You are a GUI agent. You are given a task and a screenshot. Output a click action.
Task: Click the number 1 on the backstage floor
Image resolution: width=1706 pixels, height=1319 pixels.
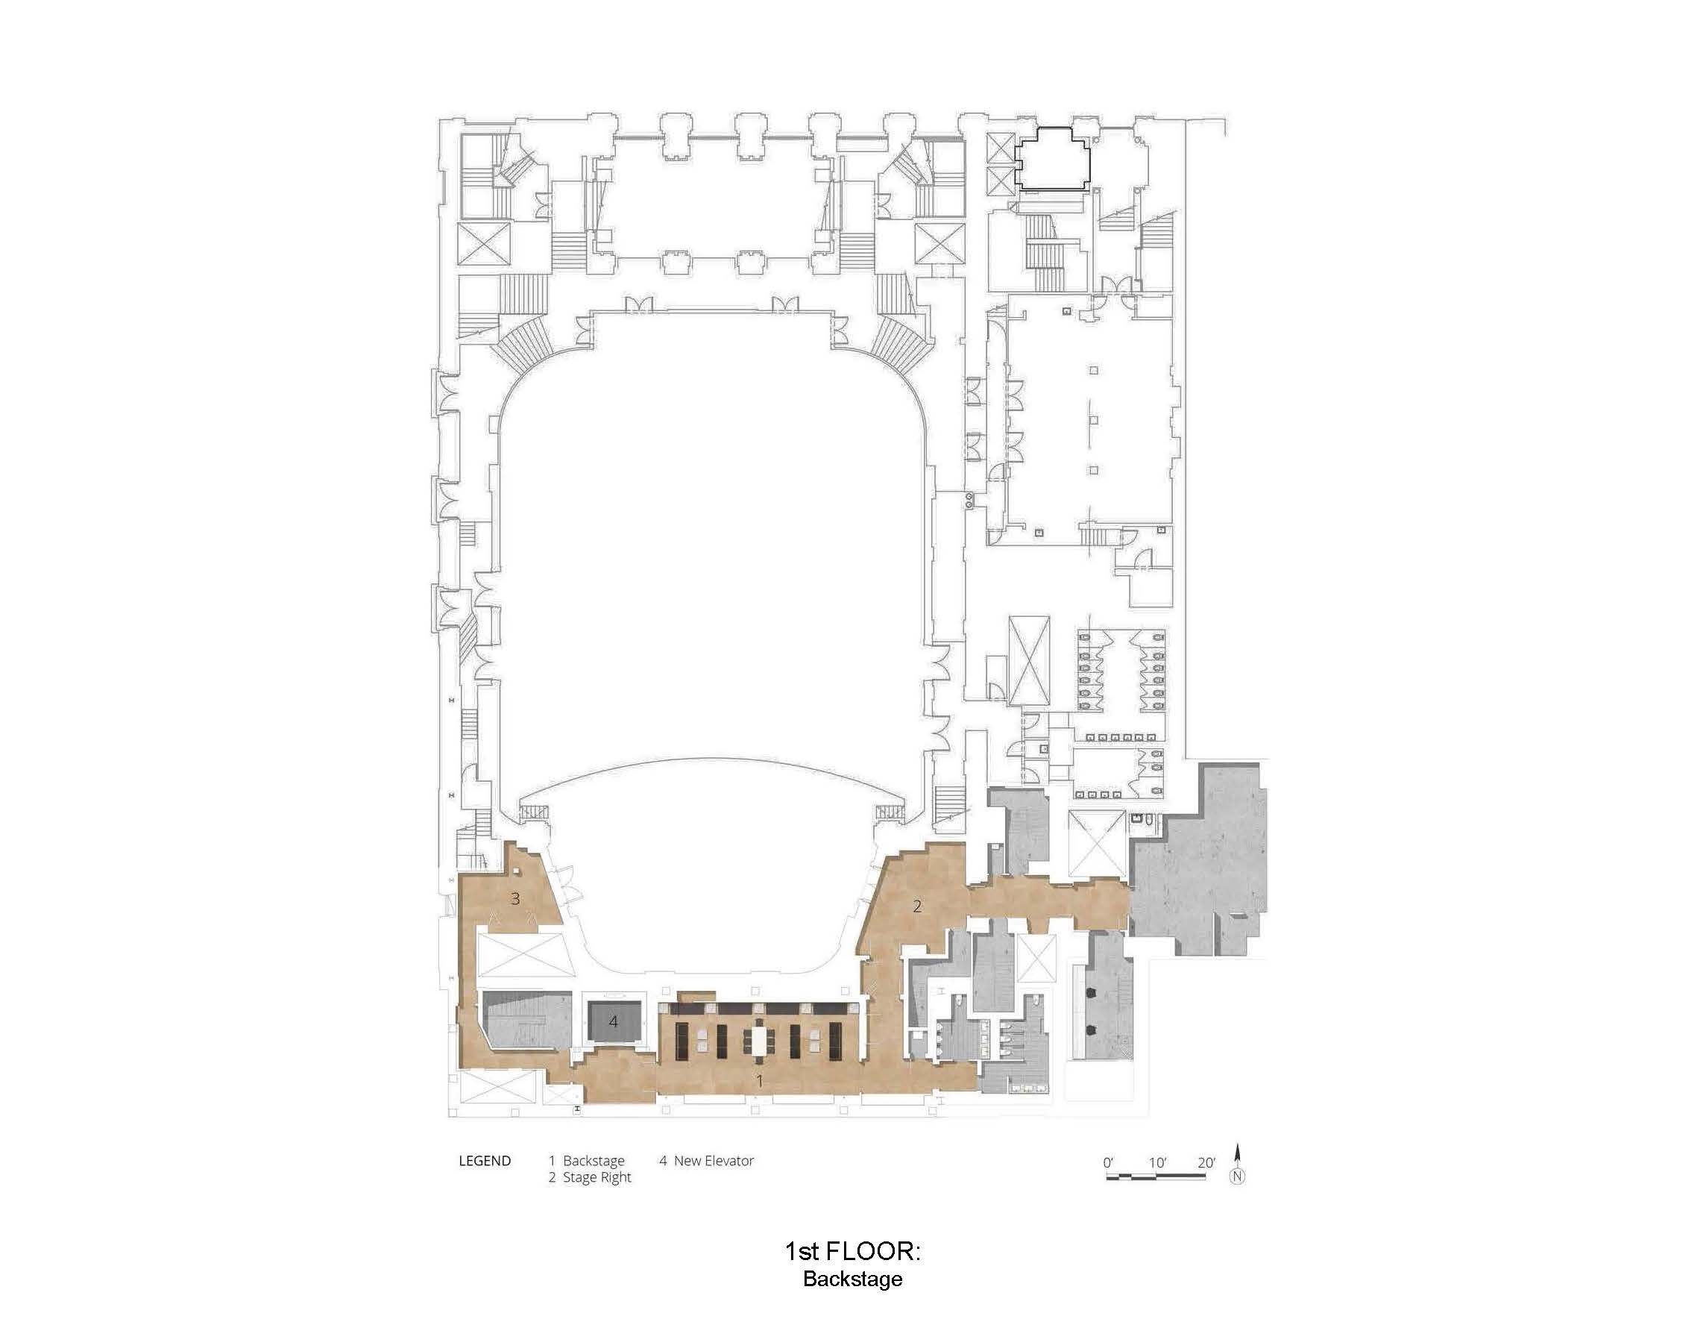(x=759, y=1081)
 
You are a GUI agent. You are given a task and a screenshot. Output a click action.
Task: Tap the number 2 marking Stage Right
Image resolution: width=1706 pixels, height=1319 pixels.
(x=917, y=906)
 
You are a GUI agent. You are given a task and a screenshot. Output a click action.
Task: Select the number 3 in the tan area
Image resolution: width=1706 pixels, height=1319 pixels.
(x=514, y=899)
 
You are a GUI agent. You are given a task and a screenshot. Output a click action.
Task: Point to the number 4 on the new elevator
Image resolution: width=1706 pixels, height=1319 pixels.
(x=614, y=1021)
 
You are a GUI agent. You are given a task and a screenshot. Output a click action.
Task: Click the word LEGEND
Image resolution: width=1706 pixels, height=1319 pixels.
(x=485, y=1161)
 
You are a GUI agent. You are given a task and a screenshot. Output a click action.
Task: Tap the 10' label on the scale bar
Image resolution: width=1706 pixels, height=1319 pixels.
(x=1158, y=1163)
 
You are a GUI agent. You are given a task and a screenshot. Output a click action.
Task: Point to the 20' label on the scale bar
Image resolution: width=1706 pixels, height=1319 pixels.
(x=1206, y=1163)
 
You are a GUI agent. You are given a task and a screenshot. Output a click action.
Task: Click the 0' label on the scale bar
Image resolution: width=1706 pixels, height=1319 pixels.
(x=1109, y=1163)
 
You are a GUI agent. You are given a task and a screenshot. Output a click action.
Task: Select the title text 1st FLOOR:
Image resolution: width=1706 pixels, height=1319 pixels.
(x=852, y=1251)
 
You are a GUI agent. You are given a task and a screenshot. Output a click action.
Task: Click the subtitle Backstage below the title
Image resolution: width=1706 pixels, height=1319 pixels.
(x=852, y=1279)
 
